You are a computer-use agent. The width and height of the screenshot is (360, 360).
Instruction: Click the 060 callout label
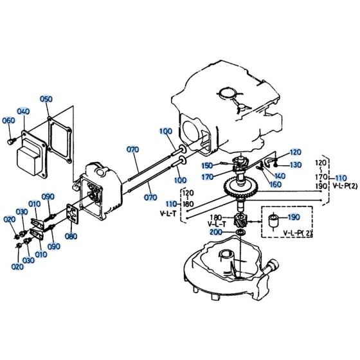click(8, 120)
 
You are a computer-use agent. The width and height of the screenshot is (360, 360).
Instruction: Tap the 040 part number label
click(24, 111)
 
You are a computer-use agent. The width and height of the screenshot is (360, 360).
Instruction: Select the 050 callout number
click(46, 99)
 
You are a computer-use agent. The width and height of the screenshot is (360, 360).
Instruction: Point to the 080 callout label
click(71, 236)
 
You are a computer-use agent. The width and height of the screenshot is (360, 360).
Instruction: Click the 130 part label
click(295, 165)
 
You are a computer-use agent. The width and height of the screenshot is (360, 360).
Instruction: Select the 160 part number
click(275, 184)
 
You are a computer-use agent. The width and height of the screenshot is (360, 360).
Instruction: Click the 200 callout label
click(216, 231)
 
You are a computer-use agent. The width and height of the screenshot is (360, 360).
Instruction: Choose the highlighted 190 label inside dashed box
click(294, 217)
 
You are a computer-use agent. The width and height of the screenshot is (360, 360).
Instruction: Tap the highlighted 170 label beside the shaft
click(208, 175)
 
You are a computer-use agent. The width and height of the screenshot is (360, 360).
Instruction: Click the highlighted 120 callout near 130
click(295, 152)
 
